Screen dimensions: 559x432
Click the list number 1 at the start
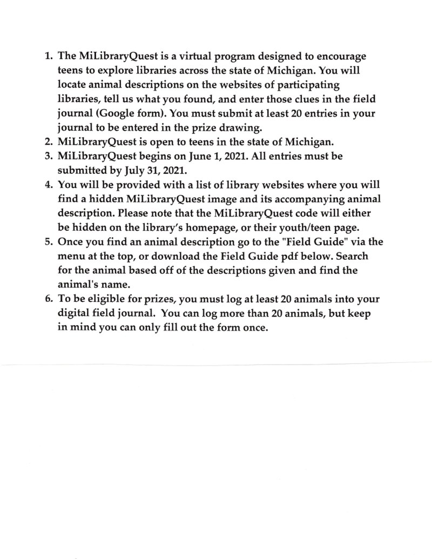point(47,57)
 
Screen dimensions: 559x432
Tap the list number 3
point(47,156)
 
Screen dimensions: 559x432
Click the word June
point(214,156)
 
